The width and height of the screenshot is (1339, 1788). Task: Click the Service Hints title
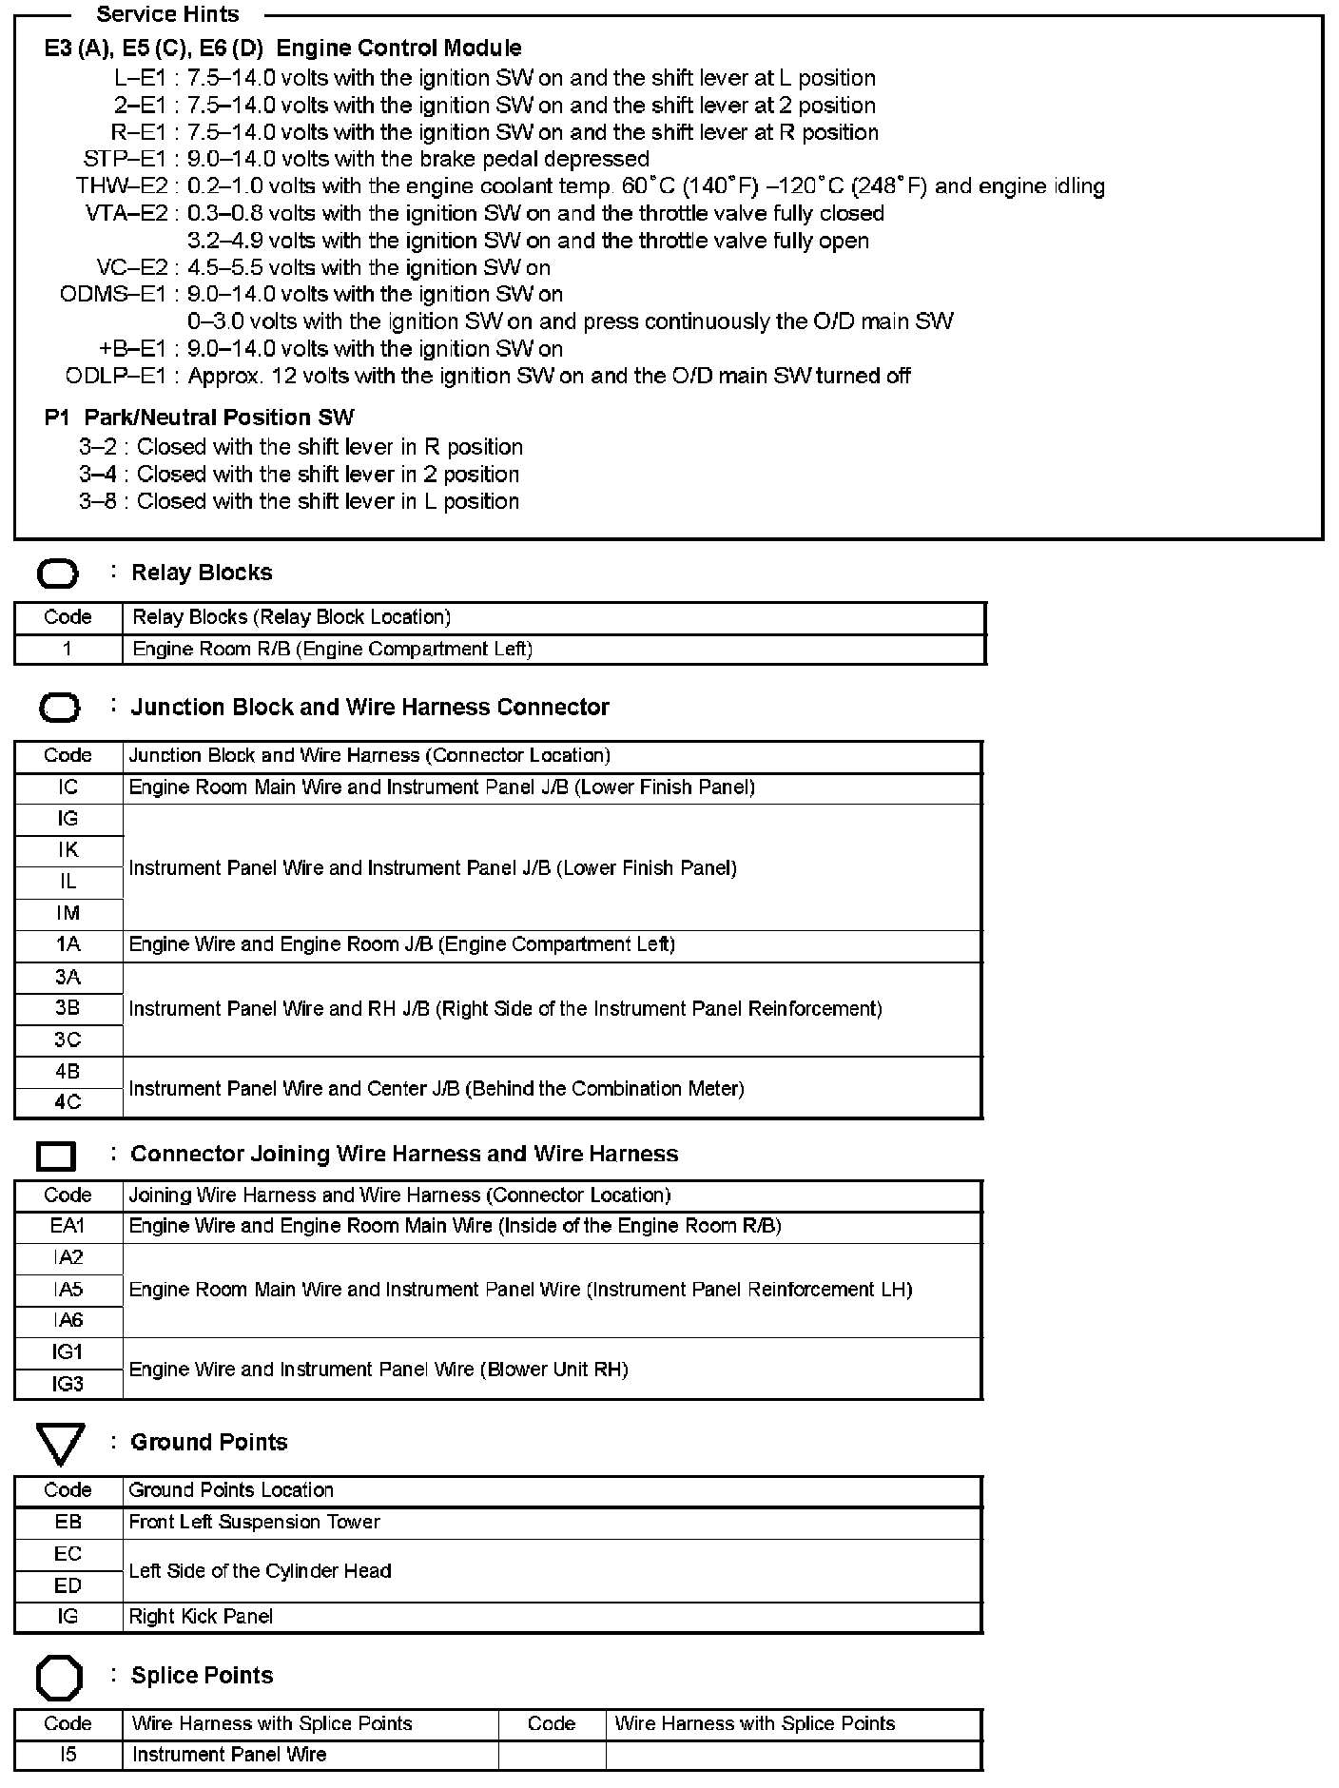click(168, 14)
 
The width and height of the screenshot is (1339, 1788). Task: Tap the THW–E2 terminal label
click(122, 186)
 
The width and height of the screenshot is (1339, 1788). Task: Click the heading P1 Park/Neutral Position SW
click(199, 418)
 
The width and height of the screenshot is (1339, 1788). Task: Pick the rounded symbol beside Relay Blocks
click(58, 574)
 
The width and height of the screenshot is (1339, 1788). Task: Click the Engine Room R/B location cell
click(332, 650)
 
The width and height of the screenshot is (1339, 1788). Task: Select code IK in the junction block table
click(68, 850)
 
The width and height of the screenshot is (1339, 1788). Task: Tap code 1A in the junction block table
click(68, 944)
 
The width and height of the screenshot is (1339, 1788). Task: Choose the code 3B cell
click(68, 1008)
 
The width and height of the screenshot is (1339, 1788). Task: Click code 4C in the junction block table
click(68, 1102)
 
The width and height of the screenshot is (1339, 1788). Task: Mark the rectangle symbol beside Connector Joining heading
click(56, 1156)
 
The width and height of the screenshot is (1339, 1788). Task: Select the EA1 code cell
click(68, 1226)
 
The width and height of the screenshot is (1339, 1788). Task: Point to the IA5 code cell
click(68, 1290)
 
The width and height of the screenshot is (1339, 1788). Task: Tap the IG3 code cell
click(68, 1384)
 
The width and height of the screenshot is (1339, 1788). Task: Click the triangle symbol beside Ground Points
click(61, 1444)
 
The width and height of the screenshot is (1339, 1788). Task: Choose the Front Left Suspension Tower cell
click(254, 1522)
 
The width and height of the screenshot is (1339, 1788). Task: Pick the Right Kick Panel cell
click(201, 1616)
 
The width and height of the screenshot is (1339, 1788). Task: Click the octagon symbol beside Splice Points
click(59, 1679)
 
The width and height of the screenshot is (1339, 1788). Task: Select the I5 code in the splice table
click(68, 1754)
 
